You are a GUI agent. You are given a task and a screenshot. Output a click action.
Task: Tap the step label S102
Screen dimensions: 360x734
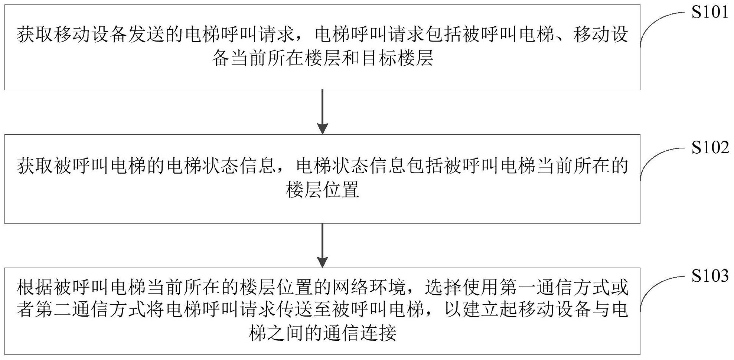[x=709, y=148]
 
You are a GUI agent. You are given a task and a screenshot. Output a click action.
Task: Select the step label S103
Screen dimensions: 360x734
[x=709, y=276]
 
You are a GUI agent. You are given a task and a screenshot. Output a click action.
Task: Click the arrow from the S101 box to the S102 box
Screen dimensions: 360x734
[x=323, y=111]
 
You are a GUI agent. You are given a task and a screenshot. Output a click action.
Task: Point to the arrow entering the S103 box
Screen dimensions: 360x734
[x=323, y=245]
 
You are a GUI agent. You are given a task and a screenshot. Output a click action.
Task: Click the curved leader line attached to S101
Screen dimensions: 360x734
[x=657, y=26]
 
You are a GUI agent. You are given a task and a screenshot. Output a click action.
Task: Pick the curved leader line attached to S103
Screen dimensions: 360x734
[x=657, y=289]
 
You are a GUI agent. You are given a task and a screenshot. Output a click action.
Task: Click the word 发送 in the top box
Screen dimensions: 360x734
[x=147, y=35]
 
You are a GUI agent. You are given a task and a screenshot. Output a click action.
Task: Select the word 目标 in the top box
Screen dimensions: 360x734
[x=378, y=59]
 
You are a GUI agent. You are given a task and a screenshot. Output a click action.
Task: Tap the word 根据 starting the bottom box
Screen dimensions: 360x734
[x=35, y=288]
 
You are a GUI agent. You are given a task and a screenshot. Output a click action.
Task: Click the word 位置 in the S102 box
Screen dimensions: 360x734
[x=341, y=190]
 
